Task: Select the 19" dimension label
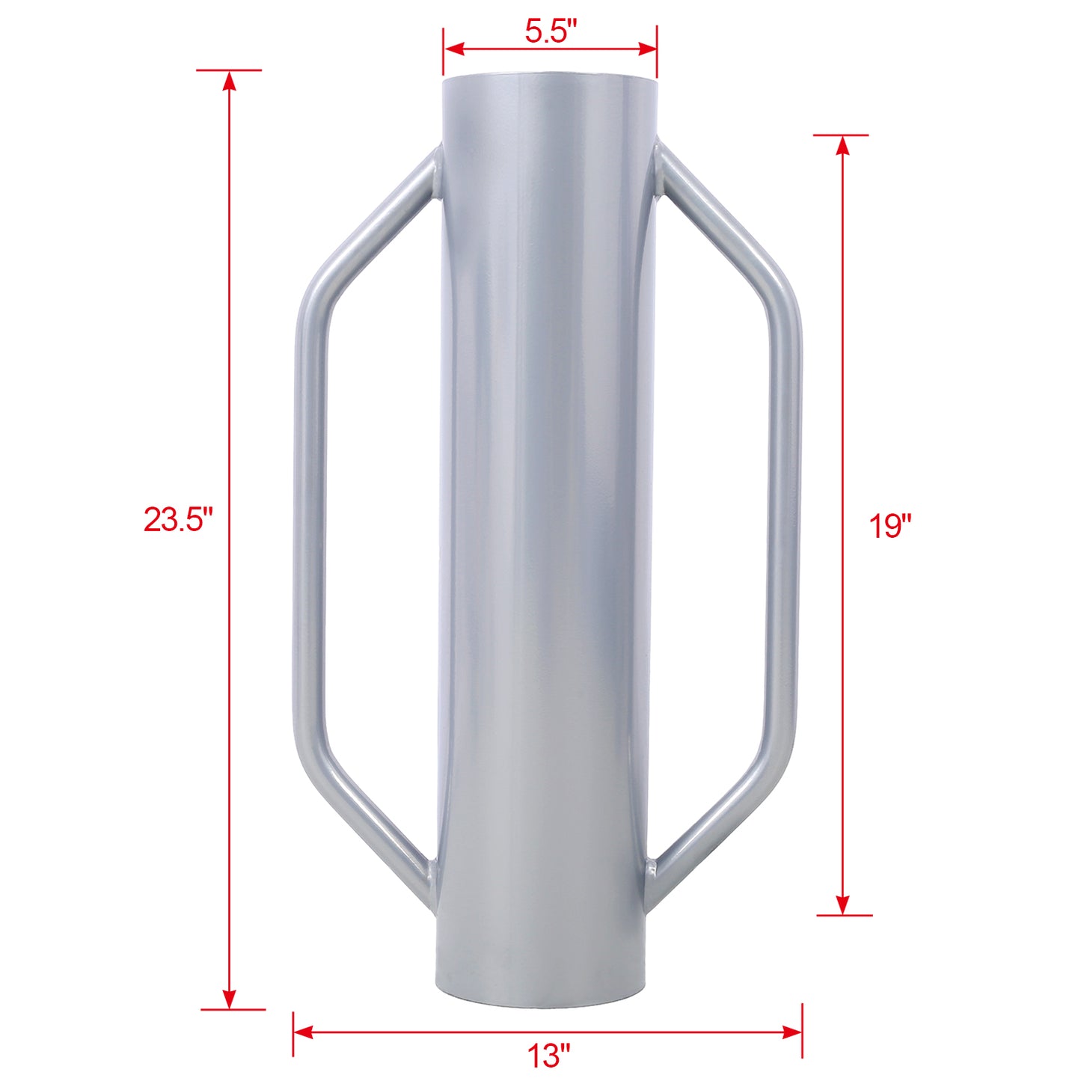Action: tap(890, 526)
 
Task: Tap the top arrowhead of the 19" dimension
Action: tap(843, 146)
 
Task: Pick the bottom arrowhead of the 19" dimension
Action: tap(843, 904)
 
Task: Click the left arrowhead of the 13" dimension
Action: tap(303, 1032)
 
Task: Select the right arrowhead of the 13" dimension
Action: tap(792, 1032)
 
